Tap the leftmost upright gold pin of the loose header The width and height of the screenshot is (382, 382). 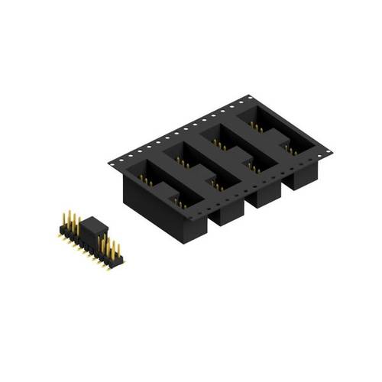tap(65, 222)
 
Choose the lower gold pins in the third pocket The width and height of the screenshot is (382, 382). tap(254, 164)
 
